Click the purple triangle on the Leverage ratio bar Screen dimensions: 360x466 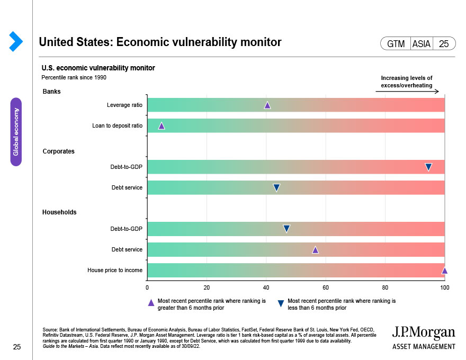(x=267, y=105)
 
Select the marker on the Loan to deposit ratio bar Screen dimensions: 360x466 (x=162, y=126)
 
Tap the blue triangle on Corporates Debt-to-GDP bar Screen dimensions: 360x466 (x=428, y=167)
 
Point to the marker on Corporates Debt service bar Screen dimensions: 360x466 (x=276, y=187)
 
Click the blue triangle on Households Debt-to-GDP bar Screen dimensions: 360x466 (x=286, y=229)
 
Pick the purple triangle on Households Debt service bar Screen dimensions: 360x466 (x=316, y=250)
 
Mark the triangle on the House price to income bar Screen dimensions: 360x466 (x=444, y=271)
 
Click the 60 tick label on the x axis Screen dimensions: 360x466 (x=326, y=287)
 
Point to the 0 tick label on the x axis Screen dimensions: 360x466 (x=147, y=287)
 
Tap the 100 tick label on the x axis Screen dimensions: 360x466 (x=445, y=287)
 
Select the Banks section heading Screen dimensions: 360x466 (x=52, y=92)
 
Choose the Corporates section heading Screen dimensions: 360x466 (x=58, y=151)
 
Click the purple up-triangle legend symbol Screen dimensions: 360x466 (x=151, y=303)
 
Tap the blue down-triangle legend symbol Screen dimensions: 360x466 (x=281, y=303)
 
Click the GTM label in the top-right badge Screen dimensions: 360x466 (x=396, y=44)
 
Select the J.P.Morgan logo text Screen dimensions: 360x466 (x=423, y=333)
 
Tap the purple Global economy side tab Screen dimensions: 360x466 (x=16, y=132)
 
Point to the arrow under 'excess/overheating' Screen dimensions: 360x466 (x=407, y=92)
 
